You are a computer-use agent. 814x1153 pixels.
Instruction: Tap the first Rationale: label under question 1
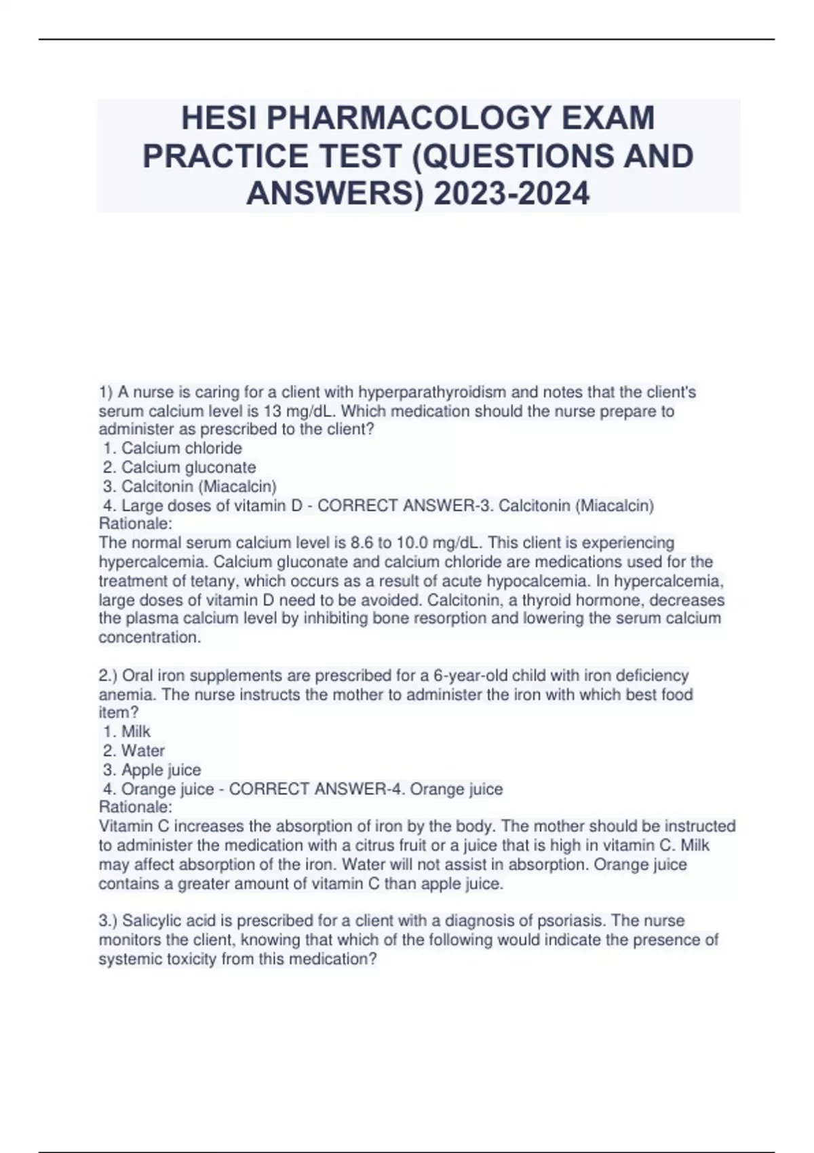[x=136, y=524]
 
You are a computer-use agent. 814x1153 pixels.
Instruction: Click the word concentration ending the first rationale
[x=149, y=638]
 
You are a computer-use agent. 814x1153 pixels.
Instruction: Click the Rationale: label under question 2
[x=136, y=807]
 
